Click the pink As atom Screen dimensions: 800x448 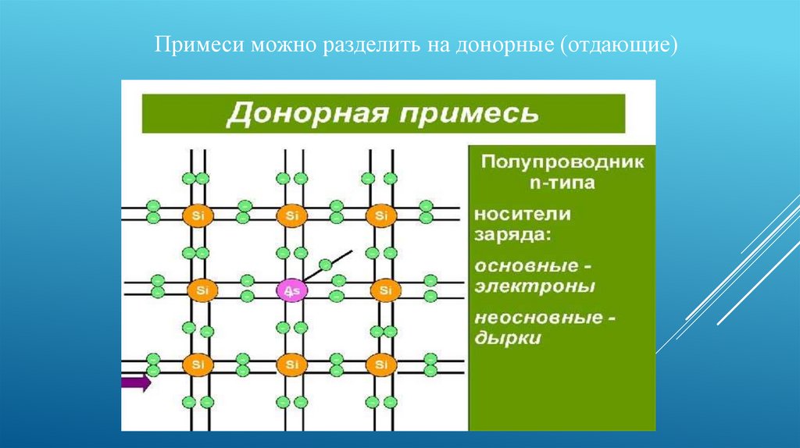292,291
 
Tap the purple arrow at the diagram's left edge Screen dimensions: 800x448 136,382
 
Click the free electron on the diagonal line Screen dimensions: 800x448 325,265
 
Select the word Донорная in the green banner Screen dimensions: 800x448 306,112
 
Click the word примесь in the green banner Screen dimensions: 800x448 469,114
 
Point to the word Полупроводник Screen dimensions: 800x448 562,162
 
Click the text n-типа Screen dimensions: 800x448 562,183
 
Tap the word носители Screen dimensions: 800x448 523,214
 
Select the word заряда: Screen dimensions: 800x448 512,235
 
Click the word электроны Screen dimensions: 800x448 534,286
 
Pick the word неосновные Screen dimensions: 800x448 539,318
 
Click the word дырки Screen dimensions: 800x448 508,339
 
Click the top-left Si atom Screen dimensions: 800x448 198,215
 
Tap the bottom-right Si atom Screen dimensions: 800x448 381,365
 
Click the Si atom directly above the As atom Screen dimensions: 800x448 292,215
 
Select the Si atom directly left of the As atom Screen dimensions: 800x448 202,291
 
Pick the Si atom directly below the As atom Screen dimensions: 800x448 292,365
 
